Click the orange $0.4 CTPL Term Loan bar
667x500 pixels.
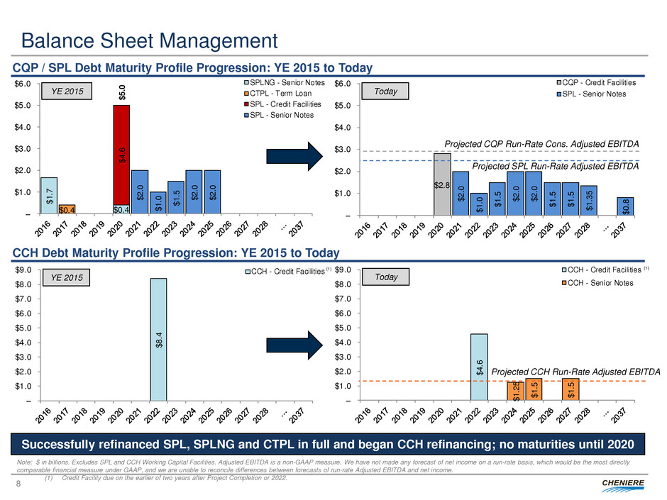[67, 209]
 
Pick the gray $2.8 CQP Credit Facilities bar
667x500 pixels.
[442, 184]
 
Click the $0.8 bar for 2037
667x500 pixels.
[625, 206]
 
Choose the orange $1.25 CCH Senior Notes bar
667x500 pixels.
[516, 391]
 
